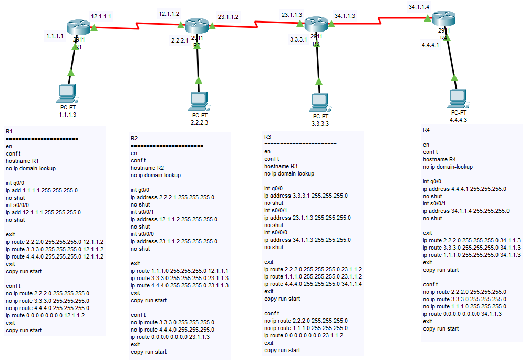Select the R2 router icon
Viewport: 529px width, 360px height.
(197, 26)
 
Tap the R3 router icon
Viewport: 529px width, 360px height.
(316, 25)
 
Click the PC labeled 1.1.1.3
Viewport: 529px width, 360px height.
(67, 93)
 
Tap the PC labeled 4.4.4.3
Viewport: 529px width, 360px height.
(458, 98)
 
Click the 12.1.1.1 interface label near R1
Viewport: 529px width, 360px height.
(101, 16)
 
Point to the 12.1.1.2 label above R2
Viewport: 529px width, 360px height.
(169, 13)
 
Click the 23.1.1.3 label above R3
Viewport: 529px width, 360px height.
(292, 15)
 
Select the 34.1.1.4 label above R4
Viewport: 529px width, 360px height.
(419, 7)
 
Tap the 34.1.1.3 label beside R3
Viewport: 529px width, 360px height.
(345, 16)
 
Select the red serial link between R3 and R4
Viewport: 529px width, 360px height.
(378, 20)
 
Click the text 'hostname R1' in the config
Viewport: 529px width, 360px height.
(22, 161)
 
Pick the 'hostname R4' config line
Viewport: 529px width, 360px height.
(439, 159)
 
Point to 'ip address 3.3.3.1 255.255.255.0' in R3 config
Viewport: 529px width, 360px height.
(305, 196)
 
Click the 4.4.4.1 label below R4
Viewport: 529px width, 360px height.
(430, 45)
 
